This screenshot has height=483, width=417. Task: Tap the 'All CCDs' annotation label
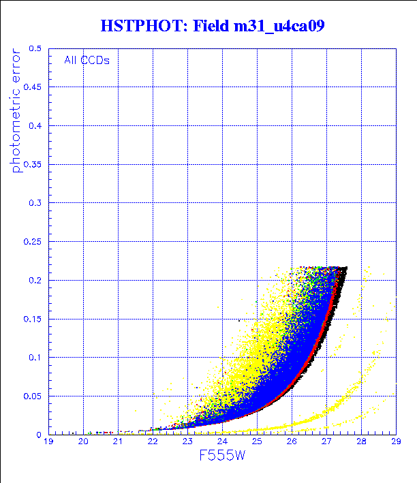tap(87, 60)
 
